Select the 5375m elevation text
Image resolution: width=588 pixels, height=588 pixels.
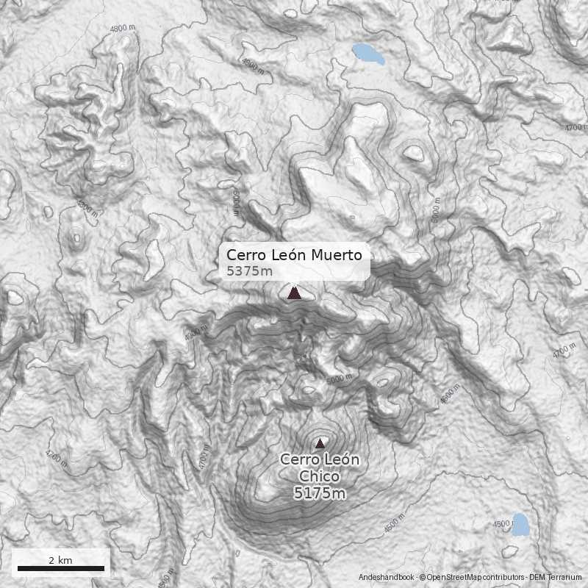coord(250,271)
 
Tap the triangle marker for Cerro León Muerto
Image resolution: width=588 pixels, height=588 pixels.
coord(294,293)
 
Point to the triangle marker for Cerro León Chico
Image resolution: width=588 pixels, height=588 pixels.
coord(320,443)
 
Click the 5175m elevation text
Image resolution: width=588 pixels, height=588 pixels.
coord(320,493)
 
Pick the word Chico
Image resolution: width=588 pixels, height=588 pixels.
coord(320,476)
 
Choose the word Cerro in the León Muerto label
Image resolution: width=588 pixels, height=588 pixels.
coord(245,255)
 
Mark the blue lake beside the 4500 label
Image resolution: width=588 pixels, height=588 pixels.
coord(520,524)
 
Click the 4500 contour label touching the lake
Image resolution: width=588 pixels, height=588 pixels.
coord(502,524)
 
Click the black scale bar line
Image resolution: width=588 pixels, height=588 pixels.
coord(60,568)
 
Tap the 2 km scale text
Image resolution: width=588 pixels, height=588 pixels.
coord(60,559)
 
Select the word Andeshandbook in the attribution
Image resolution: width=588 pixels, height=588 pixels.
coord(387,578)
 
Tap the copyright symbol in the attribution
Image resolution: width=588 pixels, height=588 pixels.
coord(423,578)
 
